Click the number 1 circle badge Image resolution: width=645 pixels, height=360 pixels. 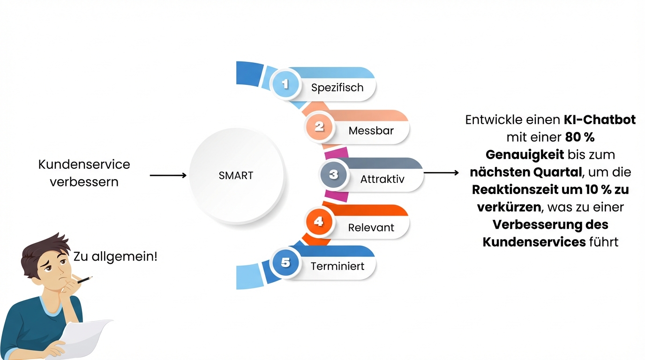coord(285,84)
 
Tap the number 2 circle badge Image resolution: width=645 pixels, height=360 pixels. coord(319,127)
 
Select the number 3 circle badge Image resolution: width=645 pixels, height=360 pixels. coord(333,174)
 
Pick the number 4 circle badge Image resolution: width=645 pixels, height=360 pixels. coord(319,221)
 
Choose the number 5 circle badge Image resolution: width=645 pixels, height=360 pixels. coord(285,262)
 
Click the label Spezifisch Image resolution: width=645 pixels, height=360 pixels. coord(337,88)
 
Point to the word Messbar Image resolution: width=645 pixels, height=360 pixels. coord(371,131)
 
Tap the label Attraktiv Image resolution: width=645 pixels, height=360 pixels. coord(382,179)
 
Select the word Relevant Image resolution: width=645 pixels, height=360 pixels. coord(371,227)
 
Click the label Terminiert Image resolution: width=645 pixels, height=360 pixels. coord(337,266)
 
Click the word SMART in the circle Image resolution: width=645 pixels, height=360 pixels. coord(236,175)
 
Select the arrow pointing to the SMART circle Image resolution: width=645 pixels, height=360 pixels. coord(168,175)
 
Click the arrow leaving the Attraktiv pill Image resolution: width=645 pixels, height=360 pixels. coord(441,173)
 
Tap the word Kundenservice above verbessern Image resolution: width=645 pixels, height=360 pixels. coord(84,165)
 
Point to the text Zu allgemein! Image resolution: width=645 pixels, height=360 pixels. coord(115,256)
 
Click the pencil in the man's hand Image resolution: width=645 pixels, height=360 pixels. coord(85,280)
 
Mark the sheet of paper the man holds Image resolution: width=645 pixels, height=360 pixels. coord(83,338)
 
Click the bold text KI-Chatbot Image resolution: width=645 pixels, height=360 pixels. coord(600,120)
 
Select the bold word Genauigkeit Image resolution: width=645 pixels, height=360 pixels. coord(525,155)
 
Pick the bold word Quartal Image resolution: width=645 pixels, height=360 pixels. coord(557,172)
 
